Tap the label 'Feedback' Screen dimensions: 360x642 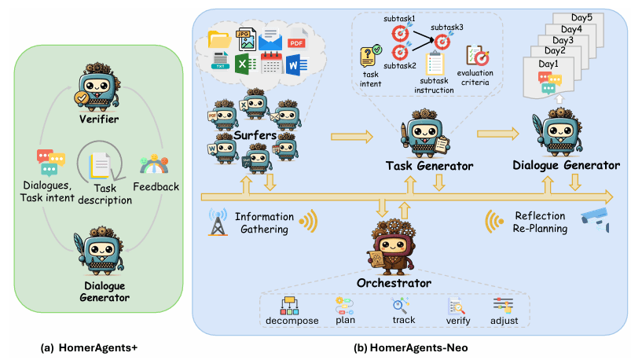coord(157,187)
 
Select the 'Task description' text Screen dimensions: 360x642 coord(105,193)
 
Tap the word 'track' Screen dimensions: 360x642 coord(404,321)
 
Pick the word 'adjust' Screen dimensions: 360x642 coord(503,321)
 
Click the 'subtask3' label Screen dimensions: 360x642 coord(449,26)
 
